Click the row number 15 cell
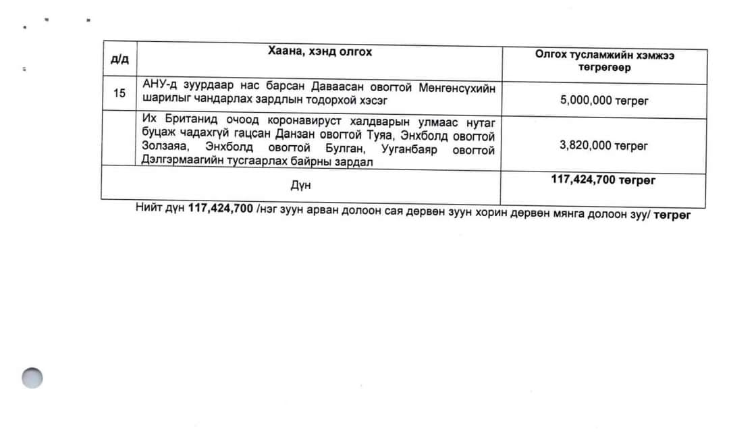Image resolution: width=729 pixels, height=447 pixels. [119, 93]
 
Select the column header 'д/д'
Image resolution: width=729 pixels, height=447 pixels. [119, 59]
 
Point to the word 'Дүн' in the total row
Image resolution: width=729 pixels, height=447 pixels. [301, 184]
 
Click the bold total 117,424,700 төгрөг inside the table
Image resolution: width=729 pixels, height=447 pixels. [603, 180]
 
